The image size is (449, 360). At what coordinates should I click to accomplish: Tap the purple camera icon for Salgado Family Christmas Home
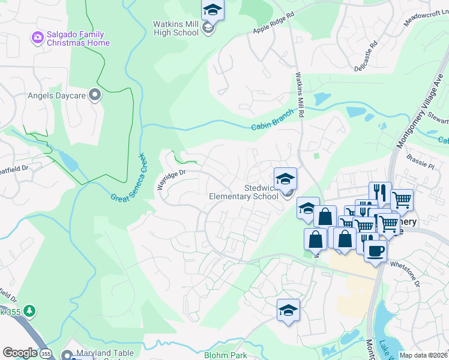(38, 38)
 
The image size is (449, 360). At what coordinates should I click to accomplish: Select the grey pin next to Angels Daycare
(94, 94)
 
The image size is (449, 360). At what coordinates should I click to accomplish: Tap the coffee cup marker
(375, 250)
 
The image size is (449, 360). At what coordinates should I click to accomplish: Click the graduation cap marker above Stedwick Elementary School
(286, 178)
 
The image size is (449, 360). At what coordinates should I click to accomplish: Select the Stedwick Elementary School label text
(243, 192)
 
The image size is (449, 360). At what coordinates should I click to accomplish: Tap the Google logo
(20, 352)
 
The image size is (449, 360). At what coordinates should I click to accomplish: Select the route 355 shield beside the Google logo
(46, 353)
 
